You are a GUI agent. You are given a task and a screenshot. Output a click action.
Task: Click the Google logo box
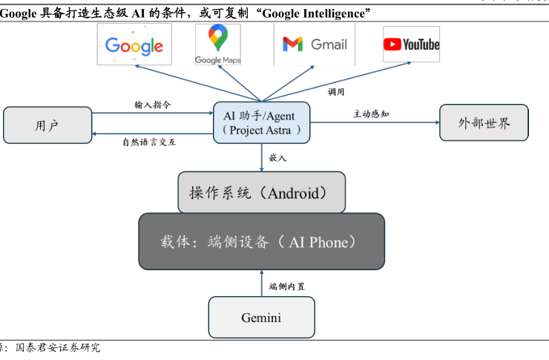(134, 45)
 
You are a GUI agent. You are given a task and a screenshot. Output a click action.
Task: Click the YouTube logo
(411, 45)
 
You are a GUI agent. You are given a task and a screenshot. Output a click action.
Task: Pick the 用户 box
(47, 125)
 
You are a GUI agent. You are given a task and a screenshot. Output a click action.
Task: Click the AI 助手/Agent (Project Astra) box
(262, 122)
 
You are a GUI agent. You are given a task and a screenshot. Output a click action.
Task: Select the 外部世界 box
(484, 122)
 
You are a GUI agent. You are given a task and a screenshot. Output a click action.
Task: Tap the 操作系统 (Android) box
(262, 193)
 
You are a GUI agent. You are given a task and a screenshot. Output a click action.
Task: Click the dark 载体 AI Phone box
(261, 242)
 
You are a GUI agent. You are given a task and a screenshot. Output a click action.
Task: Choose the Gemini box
(261, 318)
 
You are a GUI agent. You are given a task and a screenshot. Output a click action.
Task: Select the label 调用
(336, 92)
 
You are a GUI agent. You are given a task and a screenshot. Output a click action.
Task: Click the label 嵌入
(277, 158)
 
